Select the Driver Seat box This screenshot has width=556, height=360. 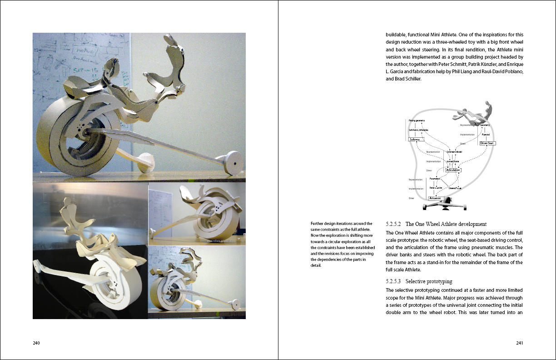487,143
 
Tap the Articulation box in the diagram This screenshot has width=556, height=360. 453,170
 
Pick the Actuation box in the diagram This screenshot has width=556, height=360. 435,198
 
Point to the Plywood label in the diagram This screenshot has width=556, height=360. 485,135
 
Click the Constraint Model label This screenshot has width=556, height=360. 454,152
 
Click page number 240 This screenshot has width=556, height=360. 37,343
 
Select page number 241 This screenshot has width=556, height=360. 520,343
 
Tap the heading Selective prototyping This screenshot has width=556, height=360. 429,281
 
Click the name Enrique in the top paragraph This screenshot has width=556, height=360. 514,64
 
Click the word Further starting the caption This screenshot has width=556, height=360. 319,223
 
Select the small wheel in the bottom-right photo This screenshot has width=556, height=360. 235,303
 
